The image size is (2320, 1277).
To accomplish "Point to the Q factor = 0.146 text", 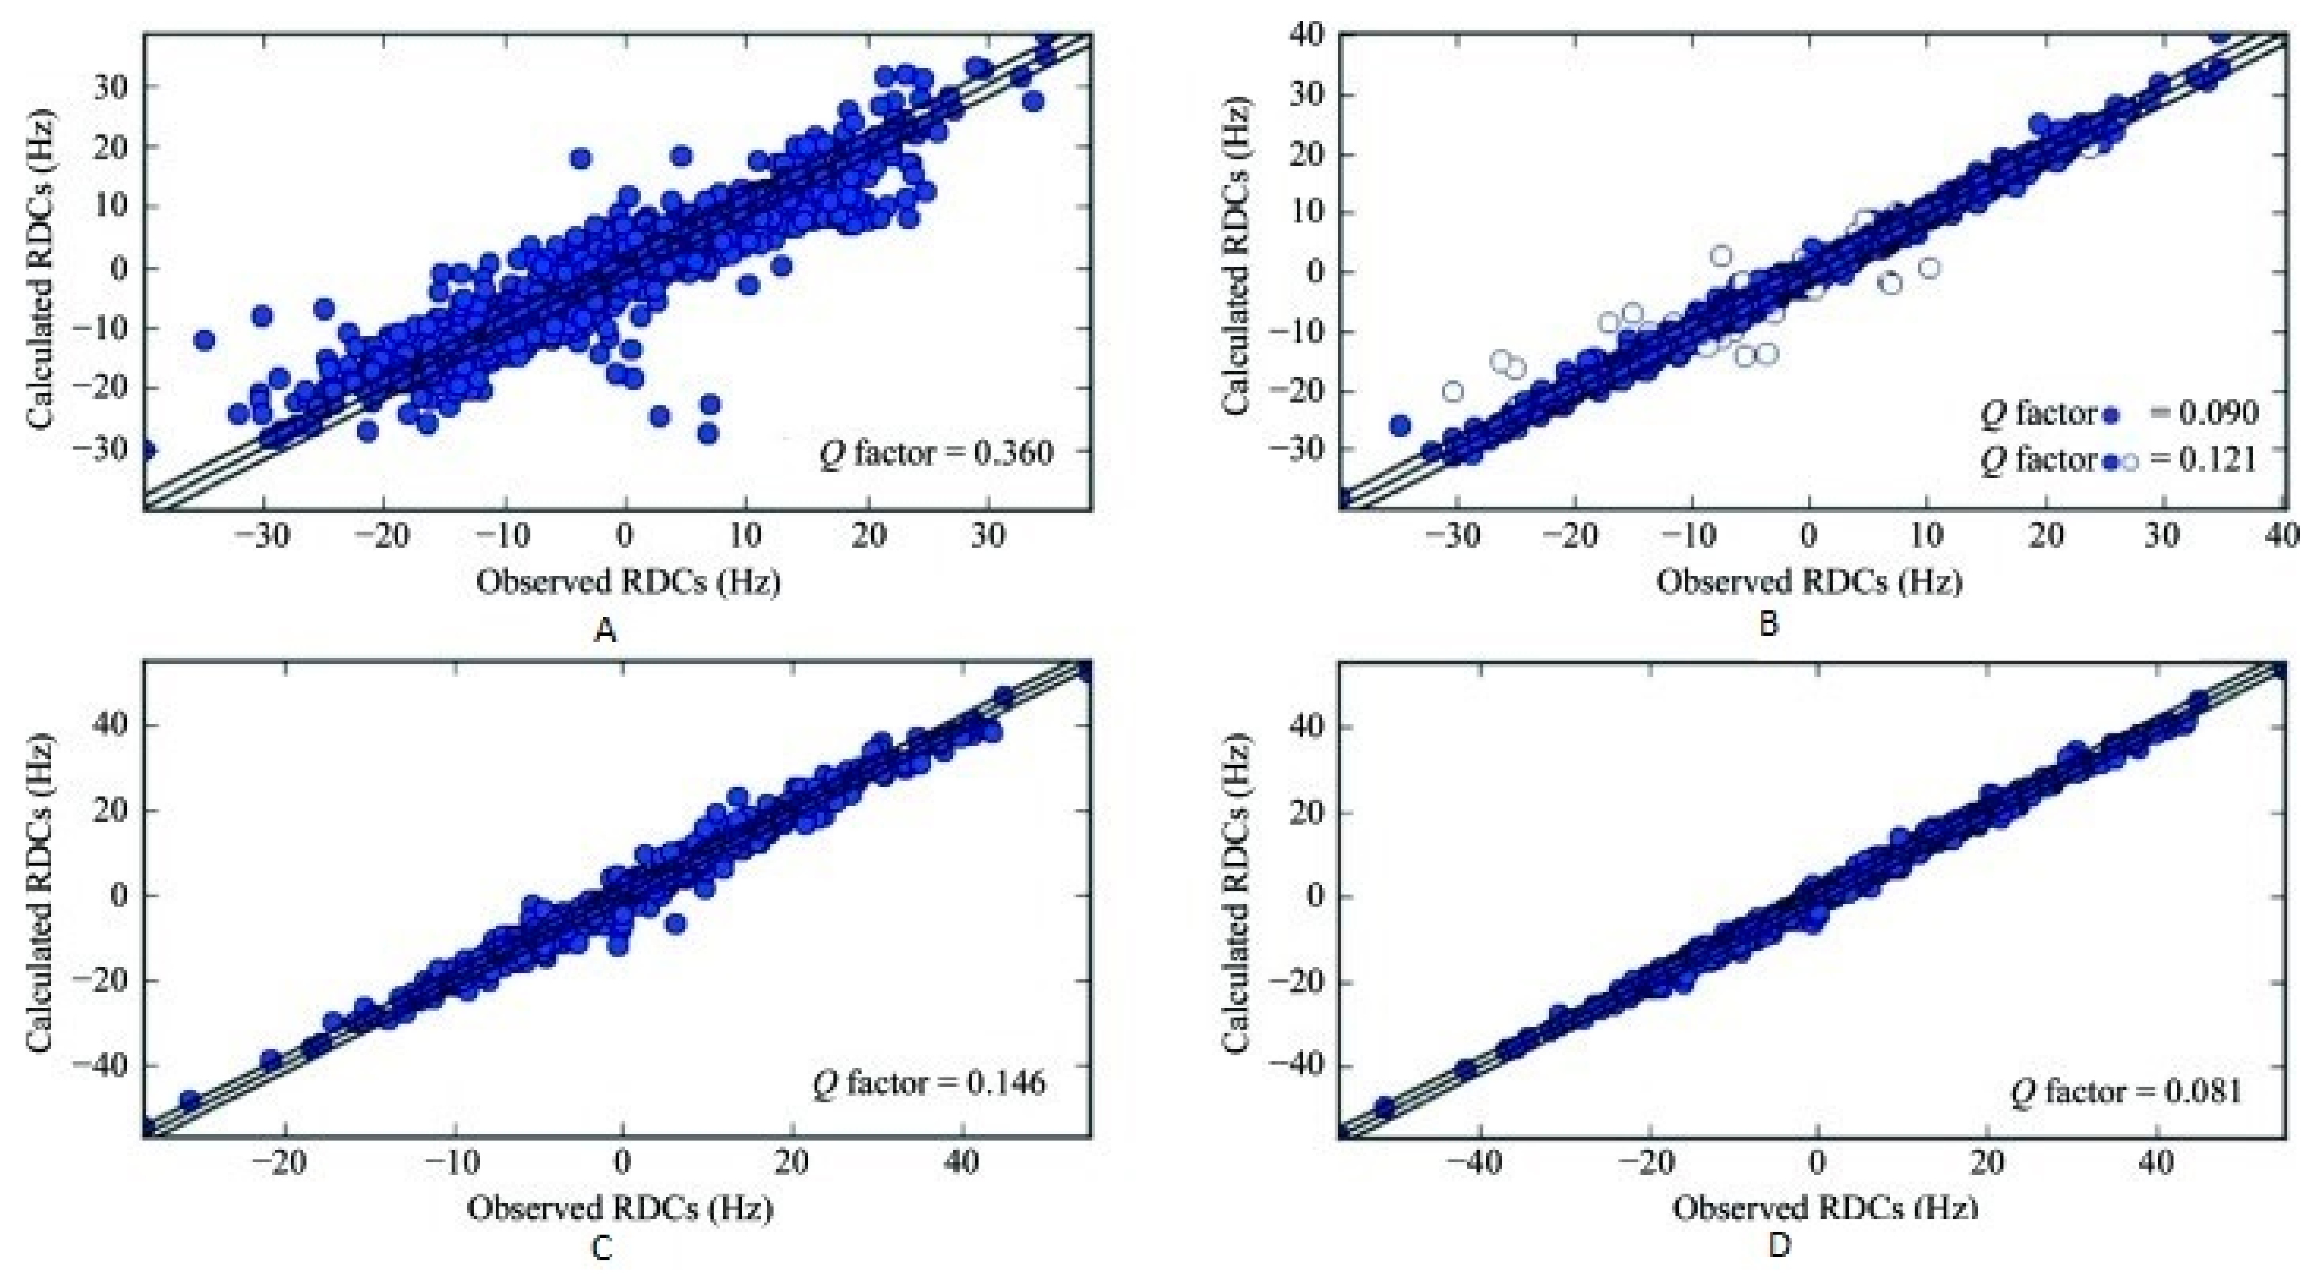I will (x=929, y=1083).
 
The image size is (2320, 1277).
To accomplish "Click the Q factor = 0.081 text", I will (x=2126, y=1092).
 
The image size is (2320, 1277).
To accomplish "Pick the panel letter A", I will (x=606, y=630).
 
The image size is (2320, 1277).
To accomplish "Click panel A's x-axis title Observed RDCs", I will (x=628, y=583).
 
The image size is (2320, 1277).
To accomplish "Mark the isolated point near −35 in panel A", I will (x=204, y=340).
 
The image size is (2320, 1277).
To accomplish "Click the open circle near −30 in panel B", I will (x=1453, y=392).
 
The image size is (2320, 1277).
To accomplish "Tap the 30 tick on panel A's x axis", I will (x=988, y=536).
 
